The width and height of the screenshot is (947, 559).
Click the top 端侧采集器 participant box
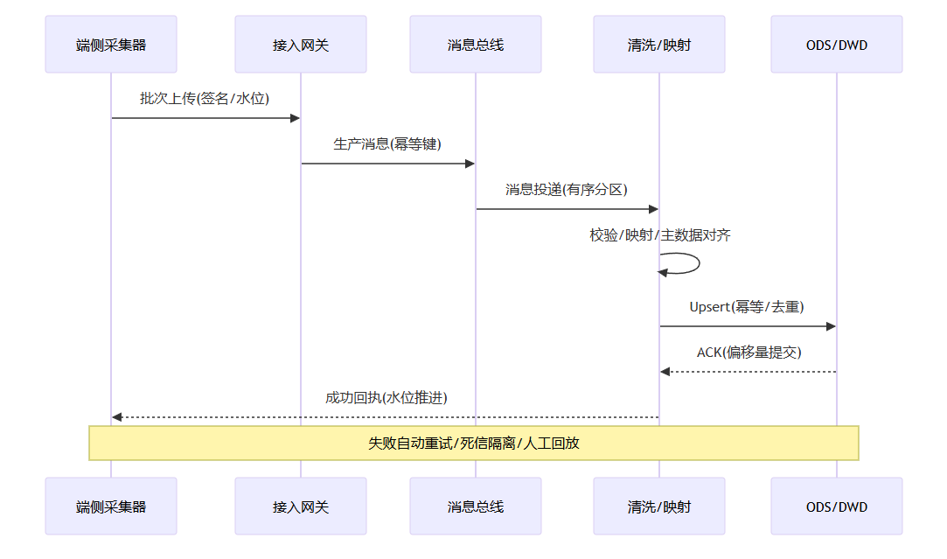click(x=111, y=45)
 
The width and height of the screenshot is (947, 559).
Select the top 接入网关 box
click(x=301, y=45)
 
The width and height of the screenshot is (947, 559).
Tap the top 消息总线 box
click(x=476, y=45)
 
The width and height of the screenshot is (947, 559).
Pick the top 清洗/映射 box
click(x=659, y=45)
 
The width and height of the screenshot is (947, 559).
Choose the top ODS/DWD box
click(x=837, y=45)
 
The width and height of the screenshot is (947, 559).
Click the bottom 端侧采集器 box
click(x=111, y=506)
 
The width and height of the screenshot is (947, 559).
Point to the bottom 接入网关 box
click(x=301, y=506)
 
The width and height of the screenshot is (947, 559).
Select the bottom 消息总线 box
click(x=476, y=506)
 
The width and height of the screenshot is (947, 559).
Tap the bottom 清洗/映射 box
click(x=659, y=506)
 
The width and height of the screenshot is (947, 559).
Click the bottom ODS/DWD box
click(x=837, y=506)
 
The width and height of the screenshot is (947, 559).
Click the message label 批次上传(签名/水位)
click(x=205, y=98)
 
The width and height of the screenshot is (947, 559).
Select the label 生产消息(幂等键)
click(x=387, y=143)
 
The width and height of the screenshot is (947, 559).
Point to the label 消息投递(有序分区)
click(x=567, y=189)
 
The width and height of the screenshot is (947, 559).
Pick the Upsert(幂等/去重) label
click(x=747, y=306)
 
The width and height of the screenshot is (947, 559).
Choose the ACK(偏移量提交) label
click(x=749, y=352)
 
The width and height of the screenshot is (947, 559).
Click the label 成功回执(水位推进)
click(x=386, y=397)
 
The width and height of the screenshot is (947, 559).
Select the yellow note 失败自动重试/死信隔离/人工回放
click(x=474, y=443)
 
